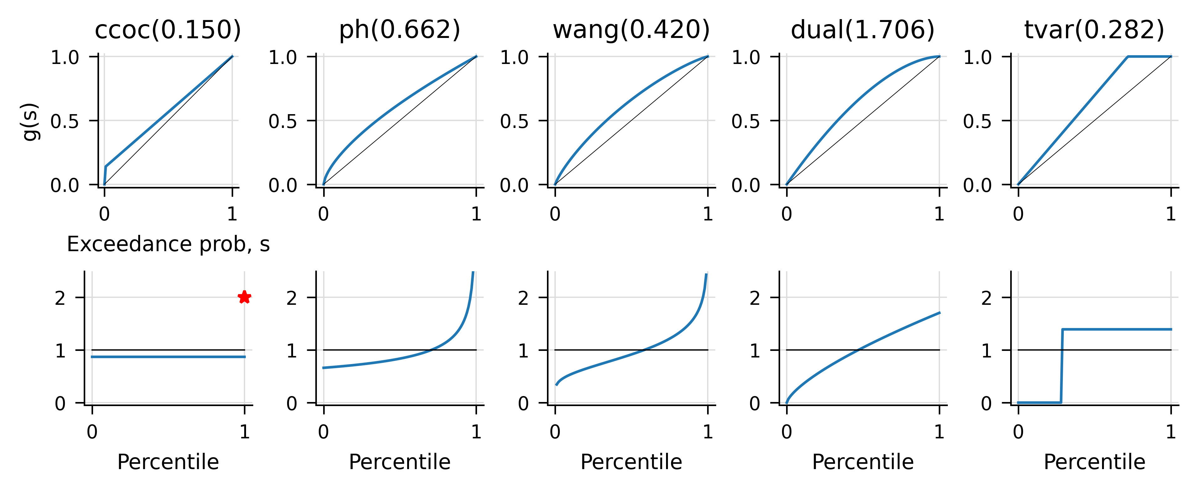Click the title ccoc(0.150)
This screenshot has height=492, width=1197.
pos(168,30)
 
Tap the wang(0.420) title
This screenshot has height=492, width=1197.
pos(631,30)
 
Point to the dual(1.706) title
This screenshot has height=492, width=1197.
pos(863,30)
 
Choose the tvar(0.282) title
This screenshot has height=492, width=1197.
pos(1094,30)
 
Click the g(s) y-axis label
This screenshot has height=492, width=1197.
pos(31,121)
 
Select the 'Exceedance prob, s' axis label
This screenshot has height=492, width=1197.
pos(168,244)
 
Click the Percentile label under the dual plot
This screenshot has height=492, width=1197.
pos(863,462)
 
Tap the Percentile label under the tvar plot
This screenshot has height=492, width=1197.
pos(1094,462)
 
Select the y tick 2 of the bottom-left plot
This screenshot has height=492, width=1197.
pos(60,298)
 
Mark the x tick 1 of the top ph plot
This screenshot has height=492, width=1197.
pos(476,214)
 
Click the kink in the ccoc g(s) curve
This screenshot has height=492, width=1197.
pos(106,166)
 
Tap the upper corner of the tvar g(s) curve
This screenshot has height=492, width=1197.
pos(1128,57)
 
